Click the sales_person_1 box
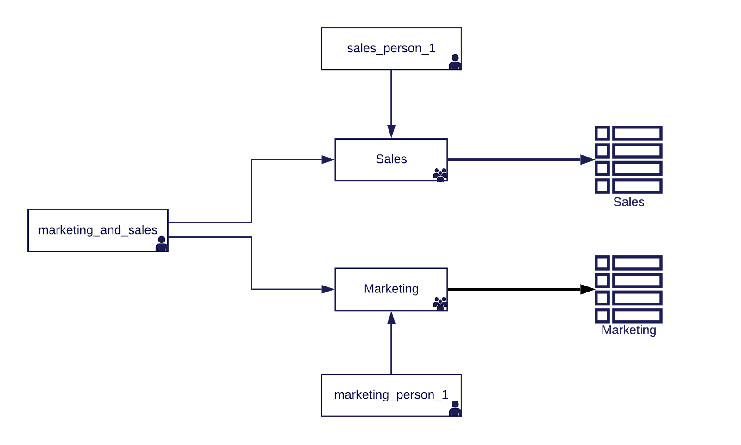point(391,49)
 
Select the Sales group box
point(391,159)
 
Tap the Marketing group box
point(391,289)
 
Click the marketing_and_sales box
point(97,230)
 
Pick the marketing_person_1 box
point(391,395)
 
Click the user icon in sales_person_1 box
point(455,62)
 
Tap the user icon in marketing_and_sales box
point(161,244)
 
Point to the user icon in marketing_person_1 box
point(455,408)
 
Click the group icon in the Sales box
point(440,174)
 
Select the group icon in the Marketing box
point(440,303)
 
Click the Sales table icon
point(628,159)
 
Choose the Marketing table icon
point(628,289)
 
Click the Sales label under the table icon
point(628,202)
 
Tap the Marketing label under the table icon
point(628,330)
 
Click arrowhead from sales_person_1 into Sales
point(391,131)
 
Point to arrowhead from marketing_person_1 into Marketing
point(391,318)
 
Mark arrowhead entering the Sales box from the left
point(328,159)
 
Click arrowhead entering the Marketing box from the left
point(328,289)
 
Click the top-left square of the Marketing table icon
point(602,263)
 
